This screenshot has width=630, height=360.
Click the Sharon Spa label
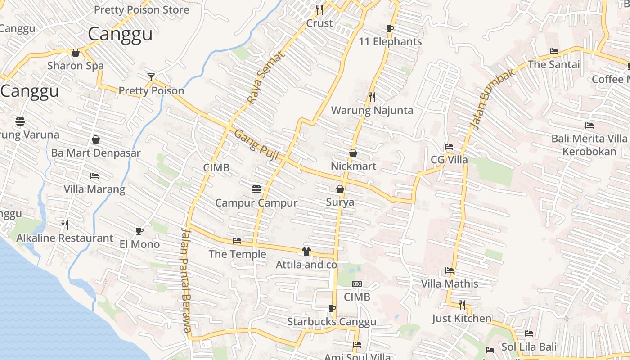(x=76, y=66)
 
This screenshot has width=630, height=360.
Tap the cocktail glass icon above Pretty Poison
(x=151, y=77)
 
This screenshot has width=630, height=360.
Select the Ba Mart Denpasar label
(x=96, y=153)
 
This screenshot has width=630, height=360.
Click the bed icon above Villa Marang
(x=94, y=175)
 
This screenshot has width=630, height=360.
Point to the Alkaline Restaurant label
(x=65, y=238)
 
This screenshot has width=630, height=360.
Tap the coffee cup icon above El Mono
(x=139, y=231)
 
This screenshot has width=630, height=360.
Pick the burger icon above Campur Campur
(x=256, y=189)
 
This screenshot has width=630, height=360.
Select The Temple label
(x=238, y=254)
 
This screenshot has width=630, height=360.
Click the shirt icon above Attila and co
(x=306, y=251)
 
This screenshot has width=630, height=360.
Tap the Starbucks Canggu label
(x=332, y=322)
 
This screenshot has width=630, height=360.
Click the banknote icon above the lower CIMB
(x=357, y=284)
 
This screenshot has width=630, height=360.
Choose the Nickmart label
(x=353, y=166)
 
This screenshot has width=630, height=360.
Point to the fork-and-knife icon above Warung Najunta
(x=372, y=96)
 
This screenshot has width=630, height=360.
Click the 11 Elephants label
(x=390, y=42)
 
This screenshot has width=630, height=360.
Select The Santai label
(x=554, y=64)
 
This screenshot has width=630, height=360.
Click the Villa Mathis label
(x=450, y=284)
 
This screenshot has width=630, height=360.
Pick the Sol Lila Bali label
(x=529, y=347)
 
